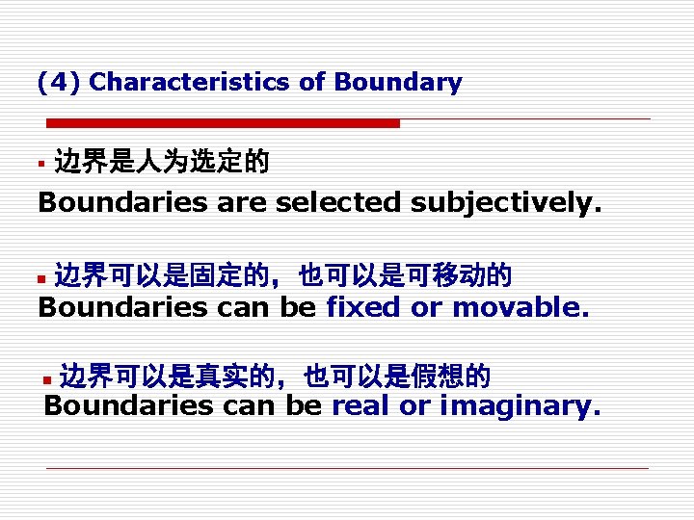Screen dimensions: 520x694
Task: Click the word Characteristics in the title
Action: [190, 83]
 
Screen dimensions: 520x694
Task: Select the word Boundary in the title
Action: [398, 83]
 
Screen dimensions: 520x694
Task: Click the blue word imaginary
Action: [520, 406]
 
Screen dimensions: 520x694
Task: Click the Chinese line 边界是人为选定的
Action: [162, 162]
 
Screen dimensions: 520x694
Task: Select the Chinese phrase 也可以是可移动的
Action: [406, 277]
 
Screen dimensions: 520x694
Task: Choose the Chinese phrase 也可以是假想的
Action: [398, 376]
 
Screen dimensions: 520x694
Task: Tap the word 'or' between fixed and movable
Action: [425, 308]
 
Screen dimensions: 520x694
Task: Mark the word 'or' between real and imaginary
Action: [414, 406]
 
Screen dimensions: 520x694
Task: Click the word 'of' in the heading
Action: [311, 83]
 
